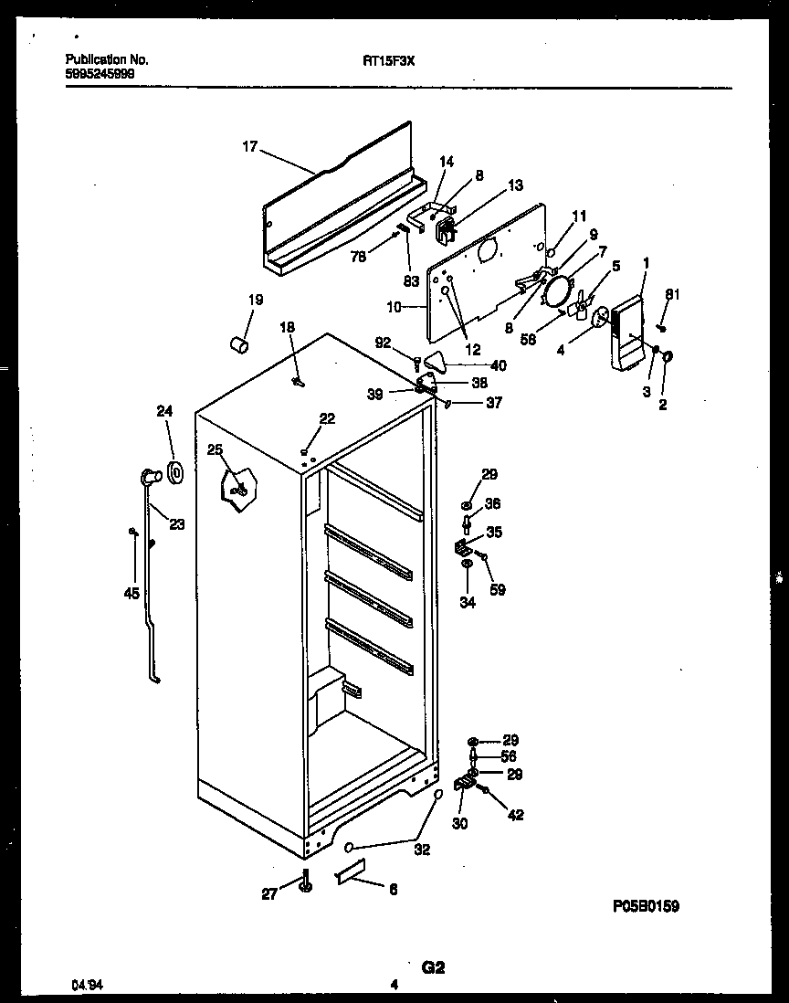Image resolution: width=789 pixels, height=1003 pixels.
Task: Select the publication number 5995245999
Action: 100,75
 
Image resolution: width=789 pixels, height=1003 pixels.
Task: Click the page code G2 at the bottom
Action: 432,966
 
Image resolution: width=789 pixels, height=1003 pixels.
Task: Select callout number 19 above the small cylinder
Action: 255,300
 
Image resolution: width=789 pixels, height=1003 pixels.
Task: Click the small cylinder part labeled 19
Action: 239,345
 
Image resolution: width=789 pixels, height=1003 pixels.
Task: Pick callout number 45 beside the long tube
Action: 132,594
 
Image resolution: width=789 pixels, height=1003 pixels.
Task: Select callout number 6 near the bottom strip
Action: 393,889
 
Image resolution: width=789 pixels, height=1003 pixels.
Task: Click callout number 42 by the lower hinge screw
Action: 515,815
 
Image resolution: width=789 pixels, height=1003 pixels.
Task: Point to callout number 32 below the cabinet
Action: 422,849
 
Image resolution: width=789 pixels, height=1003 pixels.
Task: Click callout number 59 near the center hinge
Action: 497,589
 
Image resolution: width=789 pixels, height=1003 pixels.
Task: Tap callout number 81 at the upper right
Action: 673,294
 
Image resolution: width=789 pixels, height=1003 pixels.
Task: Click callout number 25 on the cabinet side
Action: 215,449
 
